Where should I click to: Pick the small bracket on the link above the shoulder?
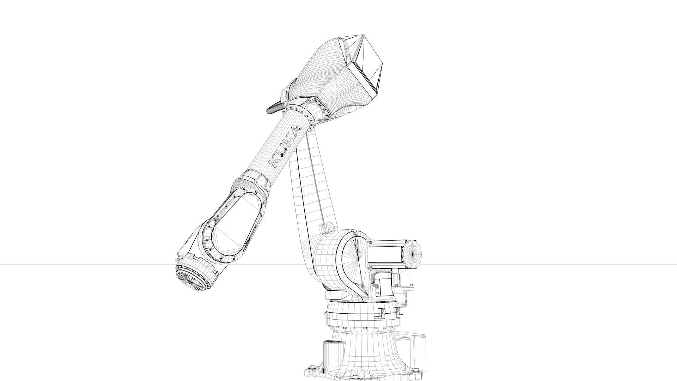tap(326, 228)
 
